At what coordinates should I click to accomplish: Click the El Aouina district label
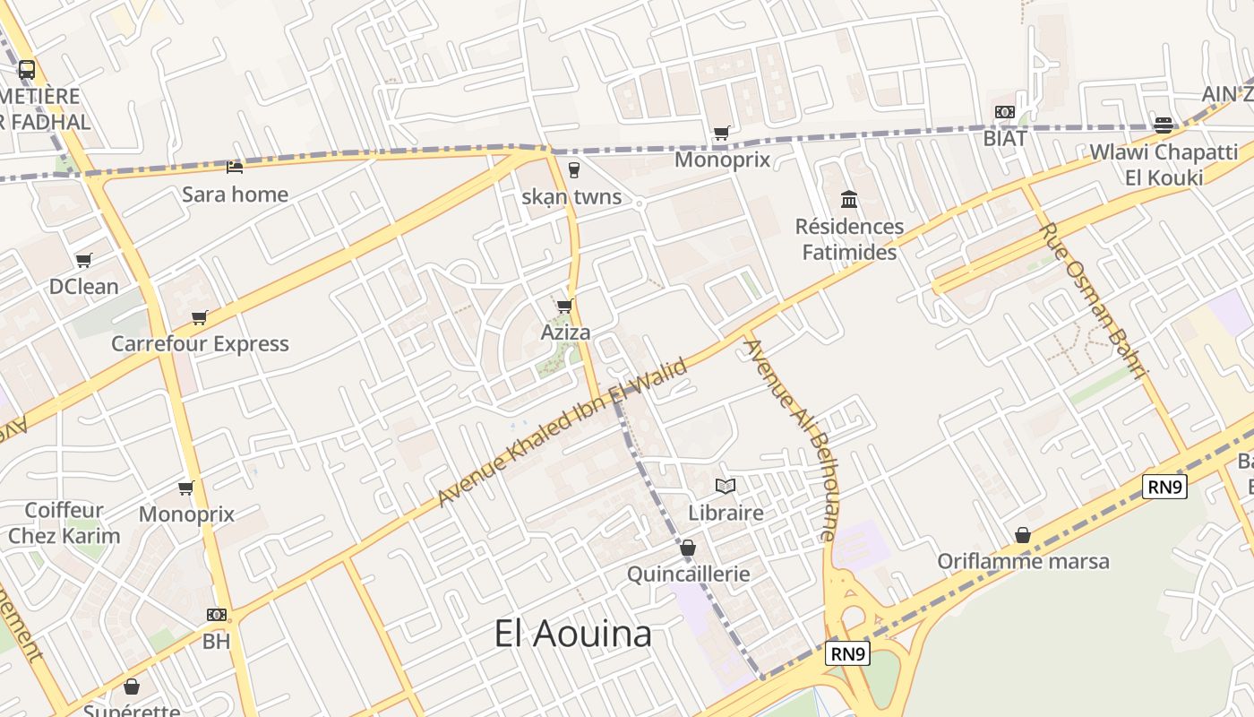pos(573,634)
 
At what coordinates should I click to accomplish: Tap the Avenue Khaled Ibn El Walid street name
pos(563,433)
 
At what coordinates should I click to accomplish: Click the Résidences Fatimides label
pos(849,239)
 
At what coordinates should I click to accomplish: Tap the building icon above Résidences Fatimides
pos(848,199)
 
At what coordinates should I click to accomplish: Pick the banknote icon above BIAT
pos(1004,112)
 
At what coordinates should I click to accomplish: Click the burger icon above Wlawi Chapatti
pos(1164,125)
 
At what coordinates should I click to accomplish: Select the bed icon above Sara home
pos(235,167)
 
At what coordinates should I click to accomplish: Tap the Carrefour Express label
pos(200,343)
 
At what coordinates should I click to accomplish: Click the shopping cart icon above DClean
pos(83,260)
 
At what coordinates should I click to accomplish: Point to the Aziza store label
pos(565,333)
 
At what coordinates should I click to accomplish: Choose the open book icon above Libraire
pos(726,486)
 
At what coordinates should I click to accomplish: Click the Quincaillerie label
pos(688,574)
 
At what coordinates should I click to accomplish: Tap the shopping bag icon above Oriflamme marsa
pos(1023,535)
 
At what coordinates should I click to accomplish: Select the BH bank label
pos(216,642)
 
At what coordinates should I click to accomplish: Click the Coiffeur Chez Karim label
pos(64,523)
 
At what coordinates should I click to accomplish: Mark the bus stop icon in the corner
pos(27,69)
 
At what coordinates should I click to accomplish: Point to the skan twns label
pos(571,197)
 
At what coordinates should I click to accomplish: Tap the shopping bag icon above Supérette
pos(132,687)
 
